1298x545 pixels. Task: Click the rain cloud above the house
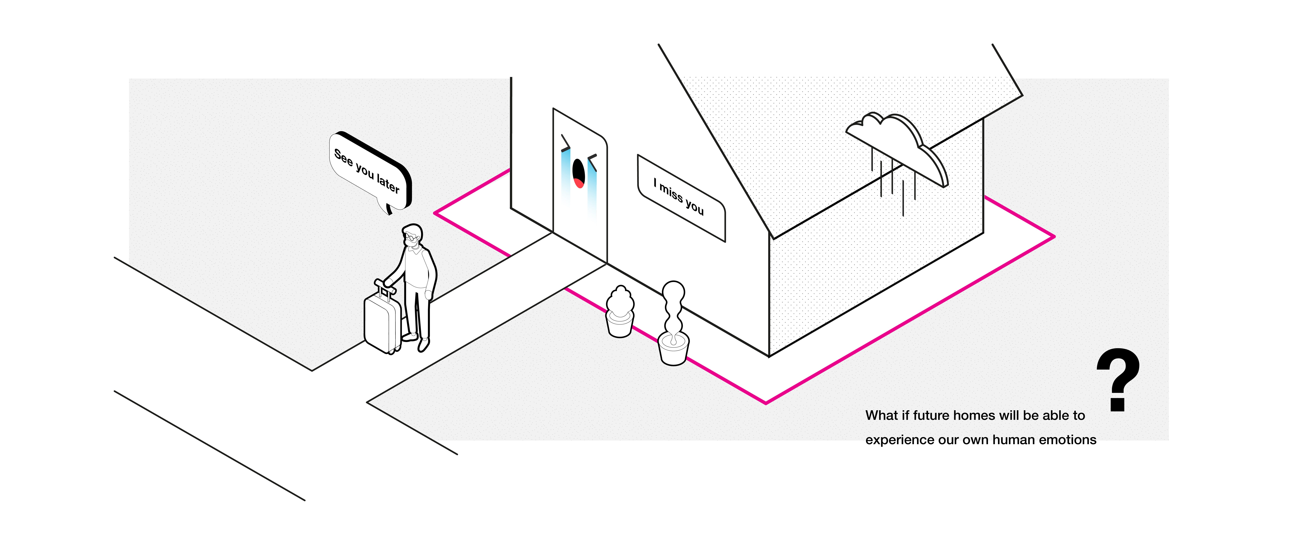pyautogui.click(x=902, y=144)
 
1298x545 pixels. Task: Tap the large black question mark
pyautogui.click(x=1118, y=378)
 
